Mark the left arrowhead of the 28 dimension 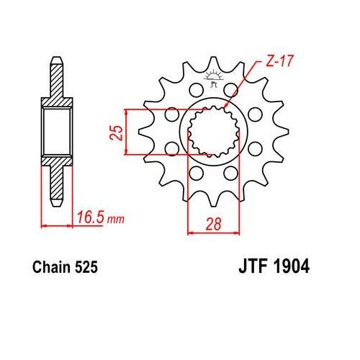(191, 233)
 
